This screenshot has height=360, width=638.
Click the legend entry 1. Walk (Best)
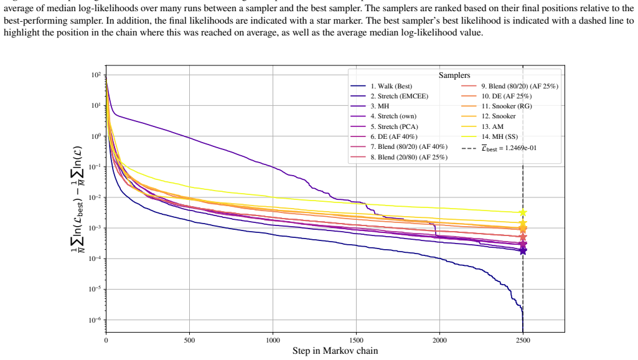pyautogui.click(x=382, y=86)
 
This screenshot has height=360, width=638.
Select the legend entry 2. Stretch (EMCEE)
pyautogui.click(x=390, y=96)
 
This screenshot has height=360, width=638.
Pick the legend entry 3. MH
pyautogui.click(x=370, y=106)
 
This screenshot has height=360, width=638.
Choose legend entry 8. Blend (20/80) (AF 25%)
pyautogui.click(x=399, y=157)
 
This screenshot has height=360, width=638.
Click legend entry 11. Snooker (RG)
pyautogui.click(x=497, y=106)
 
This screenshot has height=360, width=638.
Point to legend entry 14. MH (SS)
pyautogui.click(x=490, y=136)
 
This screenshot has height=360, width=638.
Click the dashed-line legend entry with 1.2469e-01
pyautogui.click(x=499, y=148)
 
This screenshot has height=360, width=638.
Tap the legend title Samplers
pyautogui.click(x=454, y=75)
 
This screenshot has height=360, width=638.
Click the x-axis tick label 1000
pyautogui.click(x=273, y=341)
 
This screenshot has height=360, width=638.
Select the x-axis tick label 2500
pyautogui.click(x=523, y=341)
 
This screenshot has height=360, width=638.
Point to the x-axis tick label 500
pyautogui.click(x=190, y=341)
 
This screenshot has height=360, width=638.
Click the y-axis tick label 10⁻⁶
pyautogui.click(x=96, y=320)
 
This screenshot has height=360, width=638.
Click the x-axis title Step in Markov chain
pyautogui.click(x=335, y=351)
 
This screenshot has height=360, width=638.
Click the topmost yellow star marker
pyautogui.click(x=523, y=212)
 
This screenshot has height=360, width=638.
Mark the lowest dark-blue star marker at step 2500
pyautogui.click(x=523, y=251)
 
